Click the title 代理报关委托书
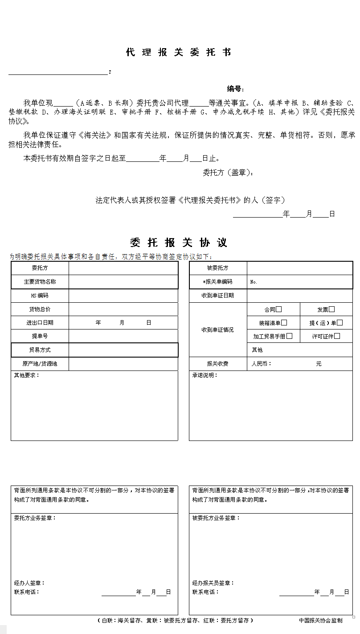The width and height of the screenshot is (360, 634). coord(179,53)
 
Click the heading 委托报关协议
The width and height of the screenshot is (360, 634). coord(179,243)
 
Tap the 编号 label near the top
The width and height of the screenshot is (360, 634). coord(235,89)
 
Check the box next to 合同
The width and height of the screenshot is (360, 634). coord(279,309)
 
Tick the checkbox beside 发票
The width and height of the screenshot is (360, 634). coord(331,309)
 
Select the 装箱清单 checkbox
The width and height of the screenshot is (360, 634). coord(284,322)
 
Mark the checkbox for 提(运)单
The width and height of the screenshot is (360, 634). coord(340,322)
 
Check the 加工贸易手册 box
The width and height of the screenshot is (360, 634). coord(289,336)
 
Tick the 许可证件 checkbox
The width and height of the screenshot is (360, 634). coord(337,336)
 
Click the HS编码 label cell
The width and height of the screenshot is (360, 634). coord(40,295)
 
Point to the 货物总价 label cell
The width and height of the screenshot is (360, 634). coord(40,309)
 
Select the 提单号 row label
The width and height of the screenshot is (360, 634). coord(40,336)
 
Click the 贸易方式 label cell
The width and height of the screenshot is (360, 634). coord(40,350)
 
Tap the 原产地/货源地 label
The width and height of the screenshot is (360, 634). coord(40,364)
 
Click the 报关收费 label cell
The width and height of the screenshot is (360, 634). coord(217,364)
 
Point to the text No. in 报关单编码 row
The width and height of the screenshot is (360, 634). coord(254,282)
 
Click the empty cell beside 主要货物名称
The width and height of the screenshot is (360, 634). coord(123,282)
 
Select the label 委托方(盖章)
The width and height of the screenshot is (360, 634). coord(228,173)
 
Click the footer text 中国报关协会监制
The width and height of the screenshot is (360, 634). coord(320,621)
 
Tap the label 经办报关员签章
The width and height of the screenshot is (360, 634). coord(213,583)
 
